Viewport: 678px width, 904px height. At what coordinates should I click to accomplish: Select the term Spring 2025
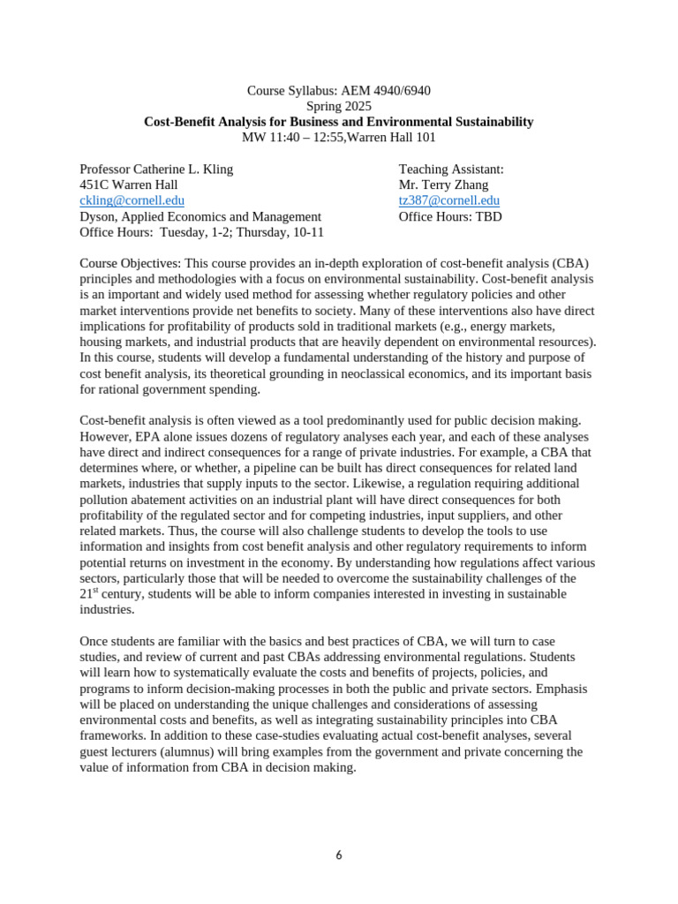pos(338,106)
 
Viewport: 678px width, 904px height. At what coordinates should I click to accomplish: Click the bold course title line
pos(338,122)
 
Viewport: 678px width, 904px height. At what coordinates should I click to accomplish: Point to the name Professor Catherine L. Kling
pos(156,169)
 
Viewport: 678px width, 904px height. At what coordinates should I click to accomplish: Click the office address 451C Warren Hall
pos(128,185)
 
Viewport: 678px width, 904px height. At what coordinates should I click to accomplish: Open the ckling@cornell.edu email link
pos(132,200)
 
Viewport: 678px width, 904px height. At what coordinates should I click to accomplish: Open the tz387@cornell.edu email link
pos(448,200)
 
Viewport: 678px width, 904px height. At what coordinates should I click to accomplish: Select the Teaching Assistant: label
pos(451,169)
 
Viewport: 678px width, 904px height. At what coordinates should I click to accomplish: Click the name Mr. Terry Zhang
pos(444,185)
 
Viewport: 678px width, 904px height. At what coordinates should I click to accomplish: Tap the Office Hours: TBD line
pos(450,216)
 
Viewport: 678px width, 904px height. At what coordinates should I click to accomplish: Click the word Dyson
pos(100,216)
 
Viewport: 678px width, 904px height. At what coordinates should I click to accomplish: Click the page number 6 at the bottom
pos(339,855)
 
